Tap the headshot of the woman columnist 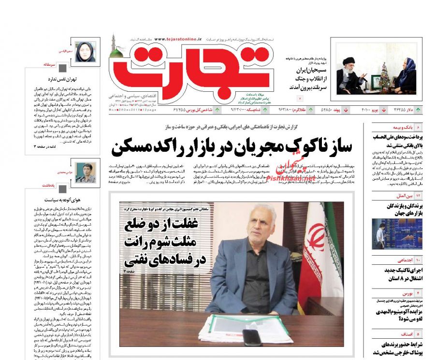pyautogui.click(x=86, y=52)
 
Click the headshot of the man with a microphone pyautogui.click(x=86, y=171)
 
